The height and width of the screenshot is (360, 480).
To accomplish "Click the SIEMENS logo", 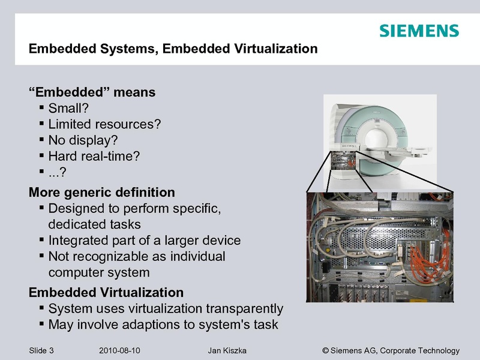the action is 419,31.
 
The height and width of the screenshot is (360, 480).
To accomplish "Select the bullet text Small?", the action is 68,108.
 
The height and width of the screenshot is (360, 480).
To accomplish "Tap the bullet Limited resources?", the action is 104,124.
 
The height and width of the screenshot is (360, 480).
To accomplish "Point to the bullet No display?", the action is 83,140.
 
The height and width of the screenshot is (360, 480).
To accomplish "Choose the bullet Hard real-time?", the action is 94,156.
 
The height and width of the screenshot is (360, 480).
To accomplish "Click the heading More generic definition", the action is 102,192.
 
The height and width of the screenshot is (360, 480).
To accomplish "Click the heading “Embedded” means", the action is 92,92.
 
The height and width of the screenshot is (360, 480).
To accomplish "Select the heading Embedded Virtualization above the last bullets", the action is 106,292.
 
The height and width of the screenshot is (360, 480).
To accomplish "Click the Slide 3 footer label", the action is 41,350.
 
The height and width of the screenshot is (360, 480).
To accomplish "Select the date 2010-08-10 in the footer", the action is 119,350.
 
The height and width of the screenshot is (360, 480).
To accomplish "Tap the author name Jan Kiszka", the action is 227,350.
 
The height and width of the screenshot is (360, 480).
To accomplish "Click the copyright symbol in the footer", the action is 325,350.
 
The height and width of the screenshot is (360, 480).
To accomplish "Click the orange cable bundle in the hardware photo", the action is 428,260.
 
